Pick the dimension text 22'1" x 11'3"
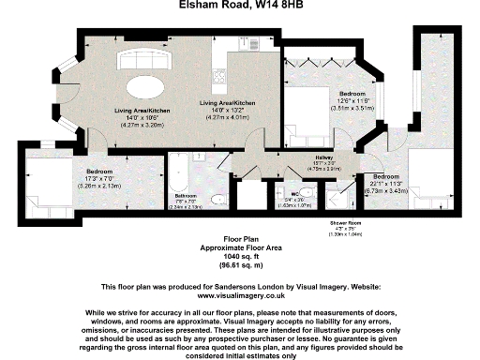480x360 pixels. [386, 183]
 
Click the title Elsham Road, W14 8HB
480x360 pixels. [239, 6]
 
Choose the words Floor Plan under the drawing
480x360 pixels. [239, 239]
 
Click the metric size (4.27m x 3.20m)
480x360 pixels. [137, 125]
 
